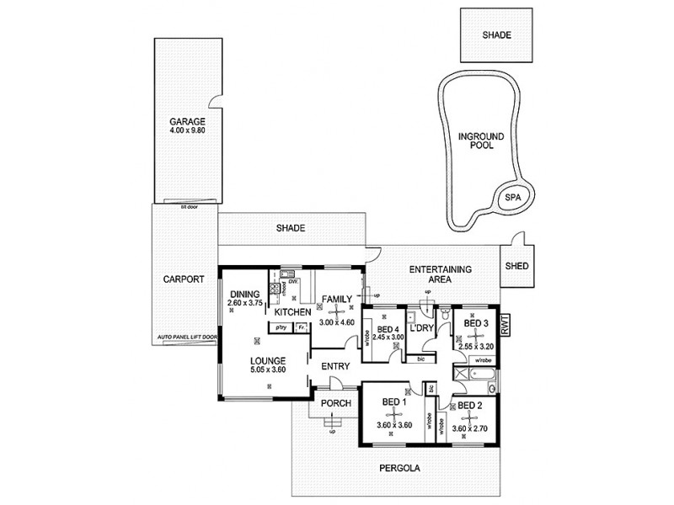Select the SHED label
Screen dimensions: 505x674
point(516,265)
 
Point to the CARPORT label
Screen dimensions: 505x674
point(185,280)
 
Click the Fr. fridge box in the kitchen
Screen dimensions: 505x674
point(300,327)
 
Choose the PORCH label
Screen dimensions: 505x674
point(334,403)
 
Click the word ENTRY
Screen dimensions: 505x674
point(334,366)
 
